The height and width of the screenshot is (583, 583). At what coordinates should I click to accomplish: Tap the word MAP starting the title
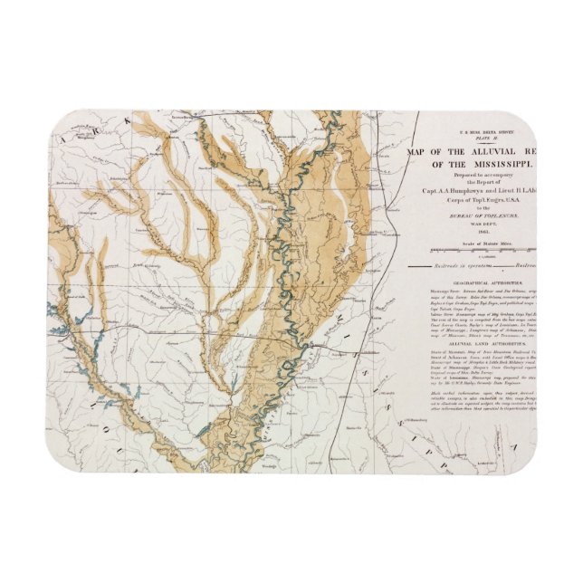(417, 151)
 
